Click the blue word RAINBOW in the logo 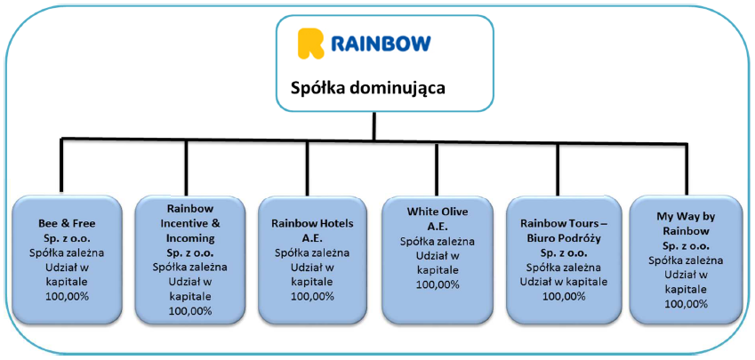381,44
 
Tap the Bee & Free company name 67,223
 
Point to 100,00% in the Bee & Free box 67,296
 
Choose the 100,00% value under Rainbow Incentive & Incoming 190,310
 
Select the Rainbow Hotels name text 312,223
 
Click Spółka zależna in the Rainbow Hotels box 312,252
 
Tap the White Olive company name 438,212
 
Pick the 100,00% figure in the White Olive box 438,284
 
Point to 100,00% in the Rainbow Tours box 564,296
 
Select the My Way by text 687,217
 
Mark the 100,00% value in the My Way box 687,304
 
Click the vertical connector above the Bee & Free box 61,165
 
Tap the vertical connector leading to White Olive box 437,169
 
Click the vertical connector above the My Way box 687,170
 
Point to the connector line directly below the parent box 374,126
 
